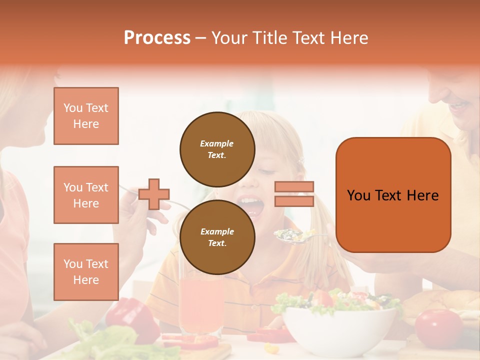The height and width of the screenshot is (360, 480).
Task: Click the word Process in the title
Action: (x=157, y=38)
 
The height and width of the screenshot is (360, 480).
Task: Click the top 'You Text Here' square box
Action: (x=86, y=116)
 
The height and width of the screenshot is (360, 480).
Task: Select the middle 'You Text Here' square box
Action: (x=86, y=195)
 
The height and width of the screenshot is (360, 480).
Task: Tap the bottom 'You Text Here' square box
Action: (x=86, y=271)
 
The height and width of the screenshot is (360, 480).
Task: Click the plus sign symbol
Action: (x=154, y=194)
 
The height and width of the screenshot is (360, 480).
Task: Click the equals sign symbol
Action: (x=294, y=194)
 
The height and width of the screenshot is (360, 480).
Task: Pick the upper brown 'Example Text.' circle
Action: (x=217, y=149)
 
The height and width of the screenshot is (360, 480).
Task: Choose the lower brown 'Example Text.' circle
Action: (x=217, y=237)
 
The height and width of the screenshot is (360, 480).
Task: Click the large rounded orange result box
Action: (x=393, y=195)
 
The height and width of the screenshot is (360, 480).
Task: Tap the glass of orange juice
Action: (x=200, y=305)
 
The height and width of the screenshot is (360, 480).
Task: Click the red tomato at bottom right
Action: (x=438, y=327)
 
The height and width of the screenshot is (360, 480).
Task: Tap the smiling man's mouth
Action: (x=459, y=106)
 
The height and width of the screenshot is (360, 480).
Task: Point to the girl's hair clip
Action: (x=301, y=161)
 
